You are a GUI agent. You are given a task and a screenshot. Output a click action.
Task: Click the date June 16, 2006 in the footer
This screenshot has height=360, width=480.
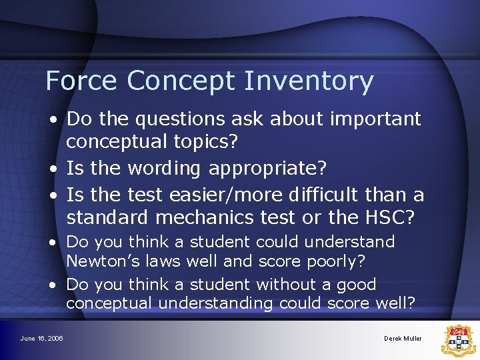[x=41, y=339]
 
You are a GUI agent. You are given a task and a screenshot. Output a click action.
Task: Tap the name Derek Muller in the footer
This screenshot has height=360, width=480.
[x=403, y=339]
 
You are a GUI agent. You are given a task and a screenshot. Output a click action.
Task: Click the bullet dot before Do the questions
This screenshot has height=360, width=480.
[x=52, y=120]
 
